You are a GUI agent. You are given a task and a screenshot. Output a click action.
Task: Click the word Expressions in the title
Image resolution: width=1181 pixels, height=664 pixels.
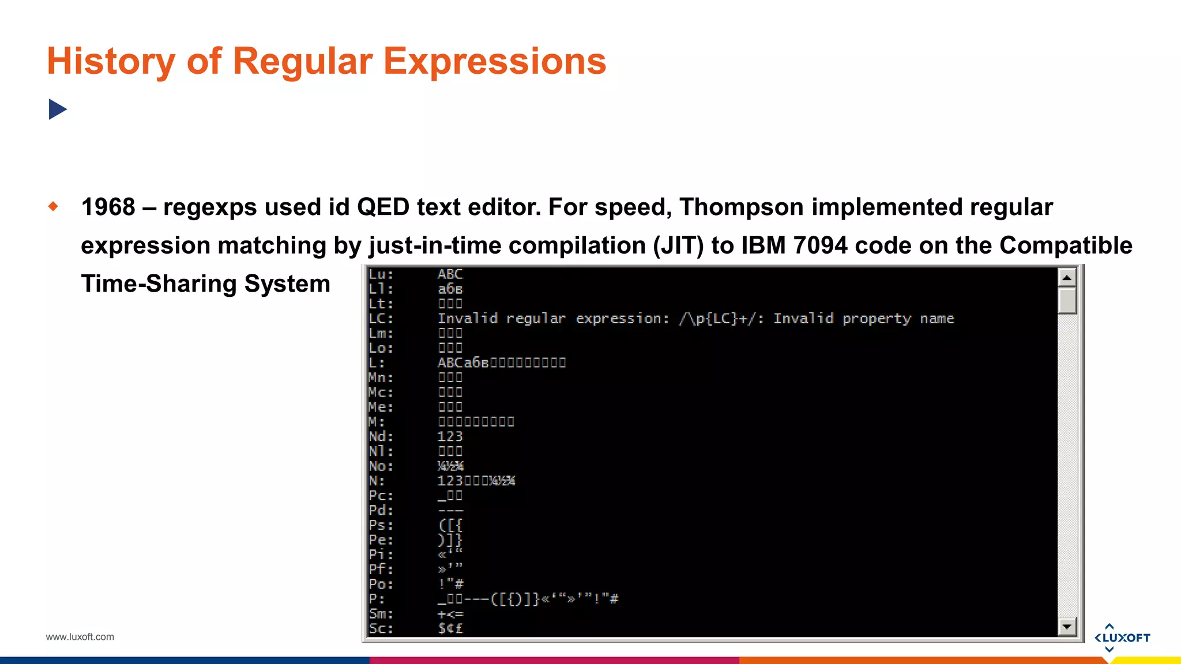tap(494, 61)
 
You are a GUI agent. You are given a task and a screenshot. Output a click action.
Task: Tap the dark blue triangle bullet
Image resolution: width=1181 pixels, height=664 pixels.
tap(57, 109)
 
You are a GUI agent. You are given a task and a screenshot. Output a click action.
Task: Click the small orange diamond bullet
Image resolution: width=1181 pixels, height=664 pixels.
tap(53, 206)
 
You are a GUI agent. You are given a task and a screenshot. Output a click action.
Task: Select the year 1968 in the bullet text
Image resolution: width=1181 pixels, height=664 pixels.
tap(108, 207)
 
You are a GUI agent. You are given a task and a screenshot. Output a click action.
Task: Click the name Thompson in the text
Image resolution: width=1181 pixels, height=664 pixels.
tap(741, 207)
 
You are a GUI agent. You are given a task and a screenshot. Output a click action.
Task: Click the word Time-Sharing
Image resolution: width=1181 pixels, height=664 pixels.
tap(159, 284)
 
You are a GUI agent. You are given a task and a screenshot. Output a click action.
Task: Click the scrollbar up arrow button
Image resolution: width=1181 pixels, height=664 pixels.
tap(1067, 278)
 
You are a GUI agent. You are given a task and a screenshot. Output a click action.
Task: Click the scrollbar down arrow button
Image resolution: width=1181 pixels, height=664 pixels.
tap(1067, 626)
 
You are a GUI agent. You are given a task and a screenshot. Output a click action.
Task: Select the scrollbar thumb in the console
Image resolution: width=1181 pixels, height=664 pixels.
tap(1067, 301)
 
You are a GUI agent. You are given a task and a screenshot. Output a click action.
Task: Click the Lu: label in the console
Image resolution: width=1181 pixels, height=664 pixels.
tap(381, 274)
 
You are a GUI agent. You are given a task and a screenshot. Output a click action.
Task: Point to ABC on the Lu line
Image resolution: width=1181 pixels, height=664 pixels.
tap(450, 274)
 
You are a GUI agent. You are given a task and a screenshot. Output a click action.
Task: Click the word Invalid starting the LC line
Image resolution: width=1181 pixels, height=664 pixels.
tap(467, 319)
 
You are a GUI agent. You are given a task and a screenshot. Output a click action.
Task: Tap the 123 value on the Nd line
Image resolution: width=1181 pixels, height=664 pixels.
tap(450, 437)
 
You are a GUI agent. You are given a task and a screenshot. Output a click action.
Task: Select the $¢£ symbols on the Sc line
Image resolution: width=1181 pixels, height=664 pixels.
tap(450, 629)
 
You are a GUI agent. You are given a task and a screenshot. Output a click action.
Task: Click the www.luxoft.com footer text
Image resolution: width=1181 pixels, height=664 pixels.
tap(80, 637)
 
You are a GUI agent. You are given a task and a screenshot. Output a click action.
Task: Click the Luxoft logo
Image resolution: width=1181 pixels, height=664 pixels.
tap(1122, 637)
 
